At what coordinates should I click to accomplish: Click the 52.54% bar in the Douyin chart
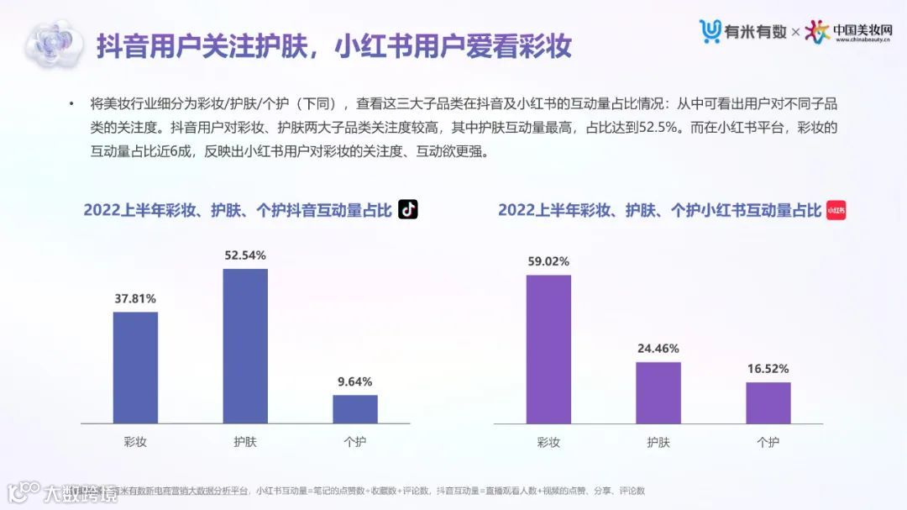[245, 346]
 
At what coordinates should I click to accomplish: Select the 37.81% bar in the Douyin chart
[135, 367]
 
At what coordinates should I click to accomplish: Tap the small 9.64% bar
[355, 409]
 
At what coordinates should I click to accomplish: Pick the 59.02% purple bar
[548, 349]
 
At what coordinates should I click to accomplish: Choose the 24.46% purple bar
[658, 392]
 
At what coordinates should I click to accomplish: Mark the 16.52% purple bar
[768, 402]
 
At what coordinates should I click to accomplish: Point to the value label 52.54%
[245, 255]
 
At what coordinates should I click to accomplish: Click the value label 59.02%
[548, 261]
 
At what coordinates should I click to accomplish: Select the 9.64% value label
[355, 381]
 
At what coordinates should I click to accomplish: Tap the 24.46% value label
[658, 348]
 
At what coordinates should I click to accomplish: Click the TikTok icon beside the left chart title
[408, 209]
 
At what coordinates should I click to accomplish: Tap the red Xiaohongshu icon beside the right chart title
[836, 210]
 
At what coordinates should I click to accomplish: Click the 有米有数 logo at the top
[743, 32]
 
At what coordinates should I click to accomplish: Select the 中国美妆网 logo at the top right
[850, 32]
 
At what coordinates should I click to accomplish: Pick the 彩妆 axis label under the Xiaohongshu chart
[548, 442]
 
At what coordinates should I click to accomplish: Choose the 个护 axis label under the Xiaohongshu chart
[768, 442]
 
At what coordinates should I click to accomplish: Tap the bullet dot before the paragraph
[72, 104]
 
